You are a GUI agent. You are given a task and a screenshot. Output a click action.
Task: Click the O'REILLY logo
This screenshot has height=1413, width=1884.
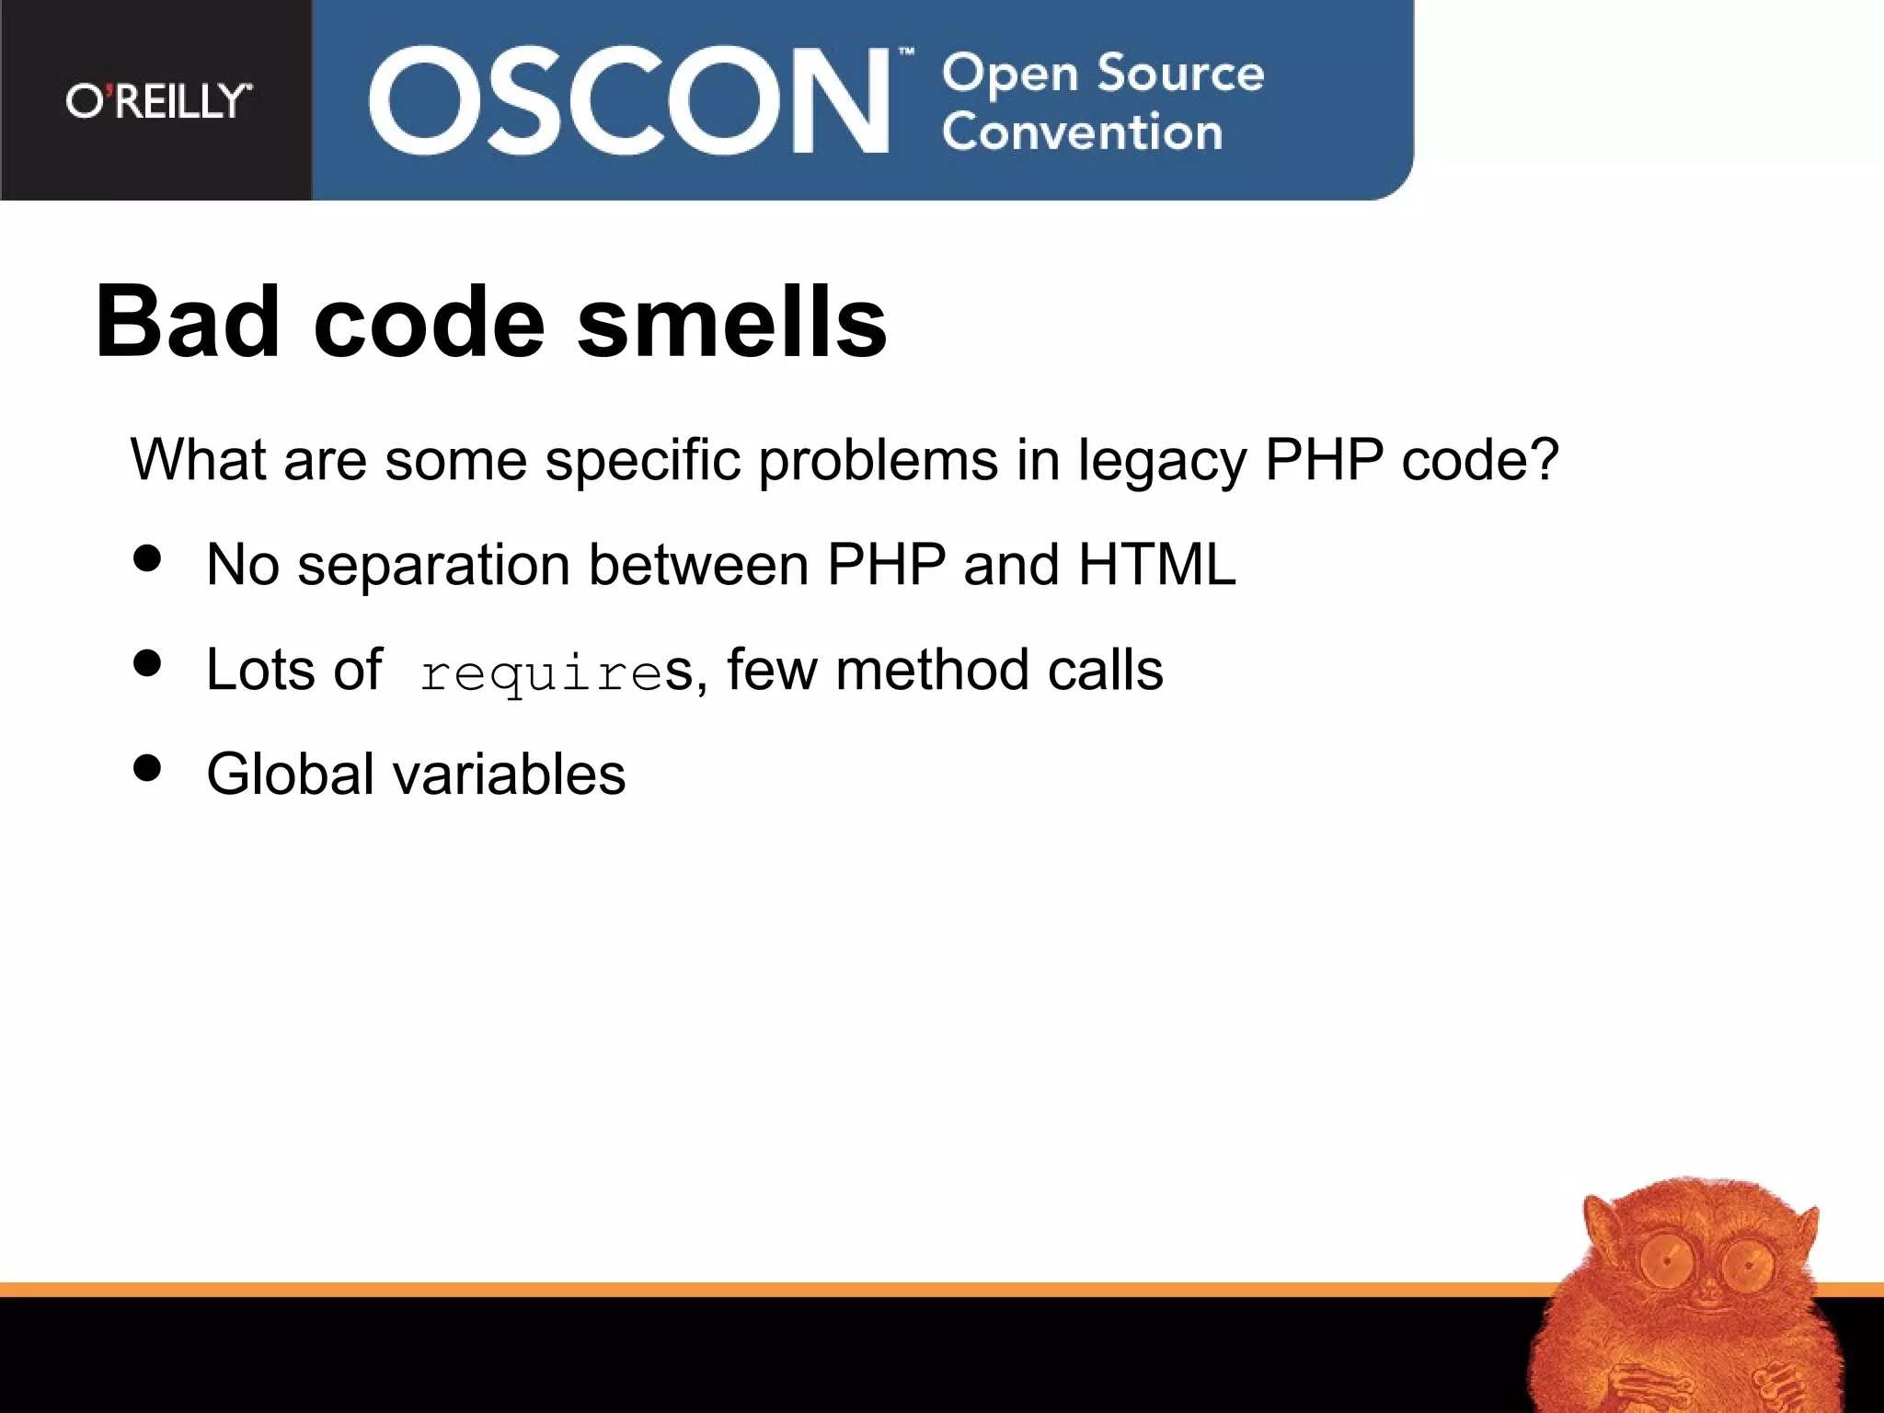[x=157, y=100]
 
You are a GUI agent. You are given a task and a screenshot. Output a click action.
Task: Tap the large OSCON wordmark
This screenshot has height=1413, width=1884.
[x=628, y=100]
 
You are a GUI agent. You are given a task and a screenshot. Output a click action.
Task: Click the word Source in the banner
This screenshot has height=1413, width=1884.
[x=1180, y=73]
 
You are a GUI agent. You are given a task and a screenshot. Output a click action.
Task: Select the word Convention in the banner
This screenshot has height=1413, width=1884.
[x=1082, y=132]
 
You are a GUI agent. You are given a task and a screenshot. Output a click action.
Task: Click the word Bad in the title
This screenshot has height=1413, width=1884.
[x=188, y=321]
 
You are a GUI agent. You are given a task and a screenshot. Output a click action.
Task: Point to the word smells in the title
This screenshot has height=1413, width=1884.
[x=731, y=321]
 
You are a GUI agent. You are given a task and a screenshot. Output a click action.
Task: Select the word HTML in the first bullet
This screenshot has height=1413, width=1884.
[x=1156, y=564]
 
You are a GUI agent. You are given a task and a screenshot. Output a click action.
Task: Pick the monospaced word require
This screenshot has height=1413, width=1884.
[x=541, y=673]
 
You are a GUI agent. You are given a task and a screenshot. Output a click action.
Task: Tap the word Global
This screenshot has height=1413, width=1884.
[x=290, y=774]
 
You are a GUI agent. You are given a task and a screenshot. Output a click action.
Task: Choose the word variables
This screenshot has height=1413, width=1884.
[x=510, y=774]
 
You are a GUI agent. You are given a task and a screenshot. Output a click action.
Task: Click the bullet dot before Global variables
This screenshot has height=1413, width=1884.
[x=147, y=767]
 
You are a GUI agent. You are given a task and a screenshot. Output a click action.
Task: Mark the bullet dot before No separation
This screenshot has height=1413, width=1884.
[x=147, y=557]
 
